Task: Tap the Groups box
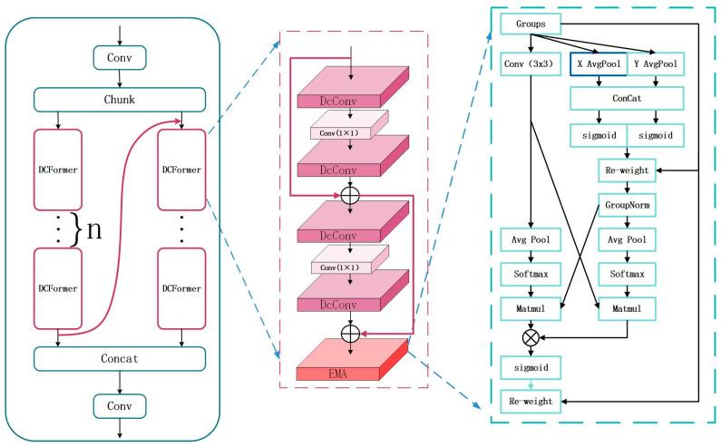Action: [x=531, y=23]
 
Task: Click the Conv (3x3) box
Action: [x=530, y=65]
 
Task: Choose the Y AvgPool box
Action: [x=655, y=65]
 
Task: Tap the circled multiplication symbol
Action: [x=530, y=336]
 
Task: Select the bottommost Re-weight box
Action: [x=530, y=399]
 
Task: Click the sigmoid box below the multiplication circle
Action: [x=530, y=367]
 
